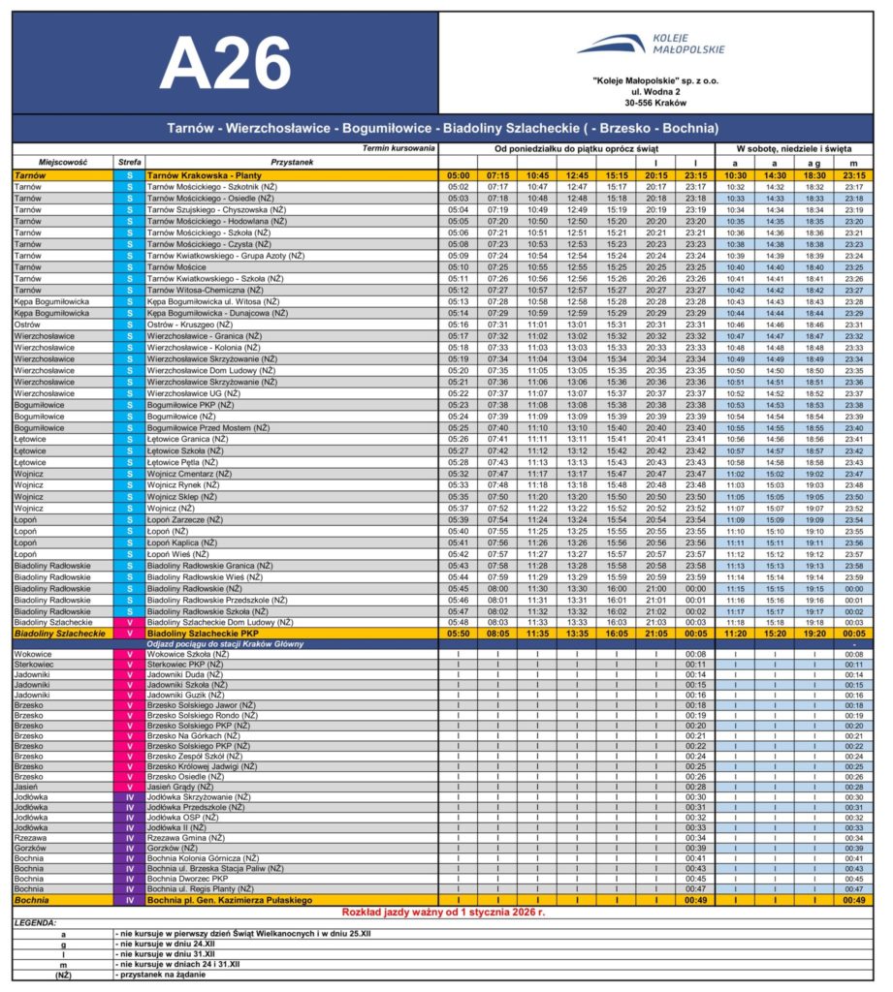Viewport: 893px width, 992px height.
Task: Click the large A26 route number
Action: point(225,65)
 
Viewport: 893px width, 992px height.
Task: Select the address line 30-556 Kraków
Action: point(655,102)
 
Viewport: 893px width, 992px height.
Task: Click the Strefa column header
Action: point(129,162)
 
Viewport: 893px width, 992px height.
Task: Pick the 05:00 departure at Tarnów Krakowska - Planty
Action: point(459,174)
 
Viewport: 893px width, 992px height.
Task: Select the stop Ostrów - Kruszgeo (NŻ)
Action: point(199,325)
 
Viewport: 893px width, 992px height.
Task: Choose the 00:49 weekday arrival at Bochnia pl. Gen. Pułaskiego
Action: point(695,900)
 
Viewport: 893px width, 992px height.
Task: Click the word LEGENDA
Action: point(35,923)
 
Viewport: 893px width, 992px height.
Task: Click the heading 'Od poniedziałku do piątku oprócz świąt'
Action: point(576,149)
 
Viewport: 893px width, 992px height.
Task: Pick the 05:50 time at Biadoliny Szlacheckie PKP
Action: point(459,633)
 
